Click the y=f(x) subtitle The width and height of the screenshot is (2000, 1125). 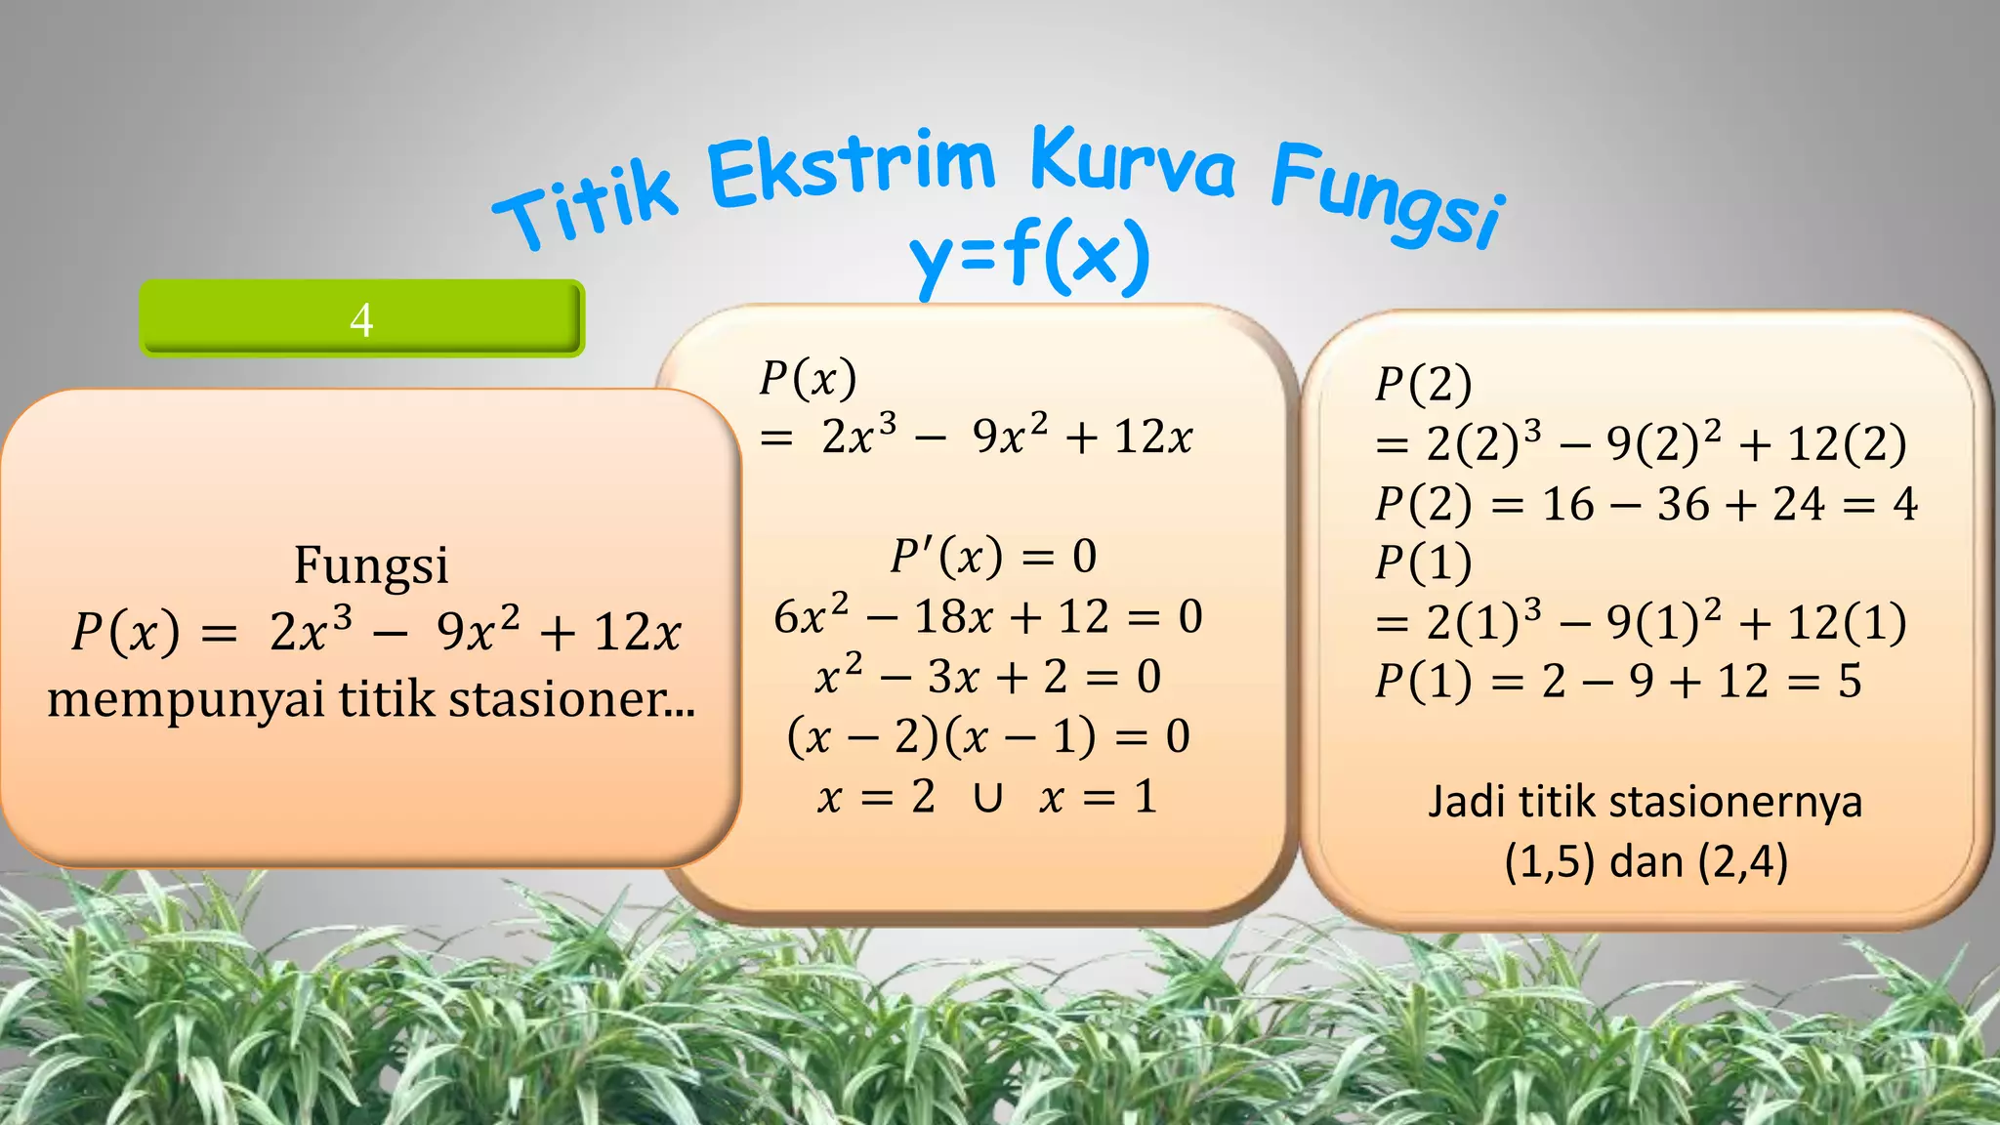[1030, 257]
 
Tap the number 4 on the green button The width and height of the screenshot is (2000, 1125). [361, 319]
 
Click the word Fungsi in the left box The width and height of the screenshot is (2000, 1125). [371, 564]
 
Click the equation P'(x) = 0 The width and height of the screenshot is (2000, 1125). [993, 557]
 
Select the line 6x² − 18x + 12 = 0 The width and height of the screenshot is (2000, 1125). [987, 617]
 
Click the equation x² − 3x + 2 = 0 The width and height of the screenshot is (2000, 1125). [987, 677]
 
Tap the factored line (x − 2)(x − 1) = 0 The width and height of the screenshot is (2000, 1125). [987, 736]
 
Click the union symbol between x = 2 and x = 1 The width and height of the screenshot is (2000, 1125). [987, 798]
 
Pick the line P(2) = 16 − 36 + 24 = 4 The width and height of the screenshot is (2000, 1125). [1646, 505]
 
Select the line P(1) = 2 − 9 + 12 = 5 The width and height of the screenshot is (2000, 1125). [1617, 682]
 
